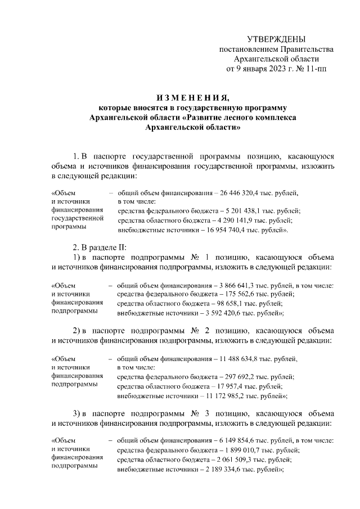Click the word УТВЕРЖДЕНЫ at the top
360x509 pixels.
coord(276,39)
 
